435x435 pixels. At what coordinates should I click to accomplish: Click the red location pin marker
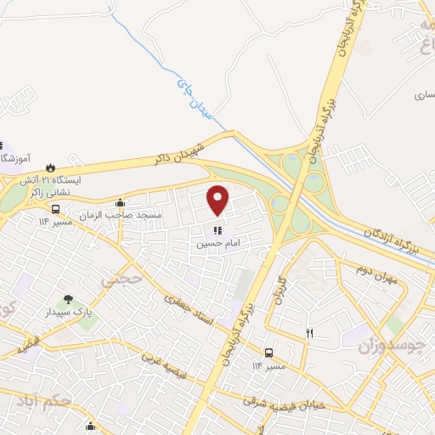click(x=218, y=201)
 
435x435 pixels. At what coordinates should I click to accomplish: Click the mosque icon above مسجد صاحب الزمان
click(x=120, y=202)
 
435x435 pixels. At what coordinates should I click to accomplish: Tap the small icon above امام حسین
click(x=218, y=229)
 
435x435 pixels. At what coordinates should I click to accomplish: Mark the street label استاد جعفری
click(x=184, y=313)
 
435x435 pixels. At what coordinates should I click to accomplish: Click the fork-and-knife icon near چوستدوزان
click(x=310, y=333)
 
